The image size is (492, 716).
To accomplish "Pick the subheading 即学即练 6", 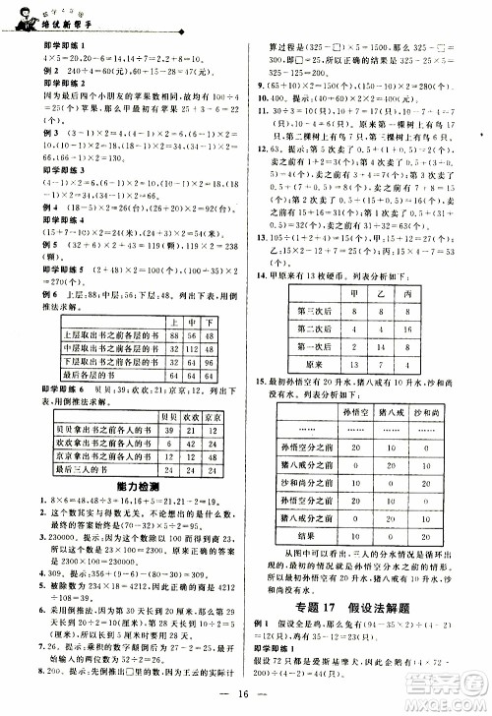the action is click(x=29, y=389).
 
